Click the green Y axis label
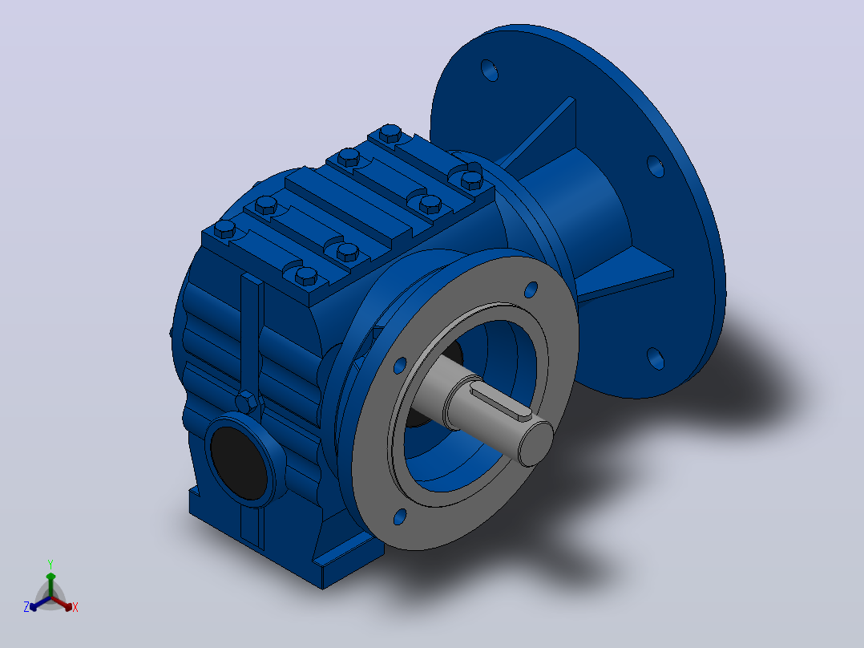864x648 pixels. (50, 564)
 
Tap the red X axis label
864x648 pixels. (75, 607)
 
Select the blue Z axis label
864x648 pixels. (26, 606)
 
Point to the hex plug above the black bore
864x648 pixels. (246, 402)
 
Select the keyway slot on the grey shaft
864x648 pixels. (500, 400)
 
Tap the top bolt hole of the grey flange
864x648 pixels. (531, 290)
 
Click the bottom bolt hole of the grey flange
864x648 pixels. (400, 516)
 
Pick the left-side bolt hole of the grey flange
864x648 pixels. (400, 366)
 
